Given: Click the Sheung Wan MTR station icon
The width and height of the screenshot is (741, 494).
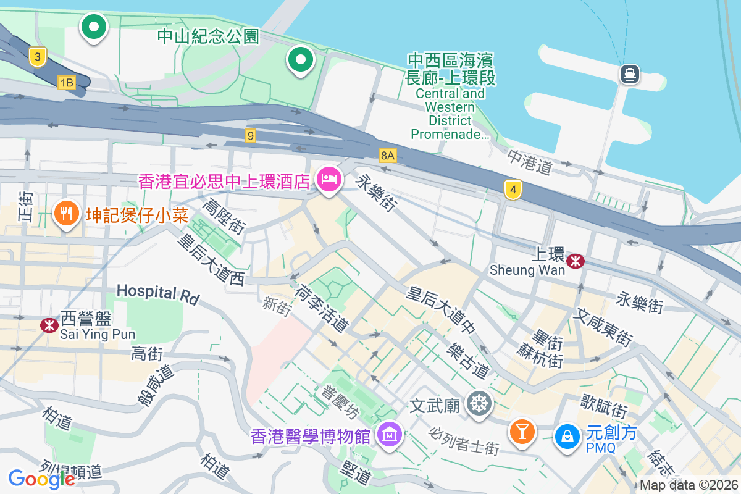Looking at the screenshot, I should point(576,261).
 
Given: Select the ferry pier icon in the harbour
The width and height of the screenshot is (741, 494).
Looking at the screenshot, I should point(629,74).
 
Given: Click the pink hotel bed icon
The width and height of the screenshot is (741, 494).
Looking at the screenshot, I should point(328,180).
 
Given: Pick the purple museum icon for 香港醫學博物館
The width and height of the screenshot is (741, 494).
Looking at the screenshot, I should point(390,435).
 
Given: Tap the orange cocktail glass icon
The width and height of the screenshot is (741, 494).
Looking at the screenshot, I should point(522,431).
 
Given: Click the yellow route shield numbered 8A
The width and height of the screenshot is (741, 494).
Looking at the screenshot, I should point(387,155).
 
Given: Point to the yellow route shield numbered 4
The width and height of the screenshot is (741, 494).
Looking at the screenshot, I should point(512,190).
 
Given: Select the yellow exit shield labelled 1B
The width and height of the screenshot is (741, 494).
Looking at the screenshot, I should point(66,82).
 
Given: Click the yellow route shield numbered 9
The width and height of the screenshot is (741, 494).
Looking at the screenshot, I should point(250,135).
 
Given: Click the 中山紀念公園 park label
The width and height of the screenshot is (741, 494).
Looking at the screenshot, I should point(208,36).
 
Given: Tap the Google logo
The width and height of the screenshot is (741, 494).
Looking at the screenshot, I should point(41,479).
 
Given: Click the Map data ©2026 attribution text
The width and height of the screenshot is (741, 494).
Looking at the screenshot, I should point(689,485).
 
